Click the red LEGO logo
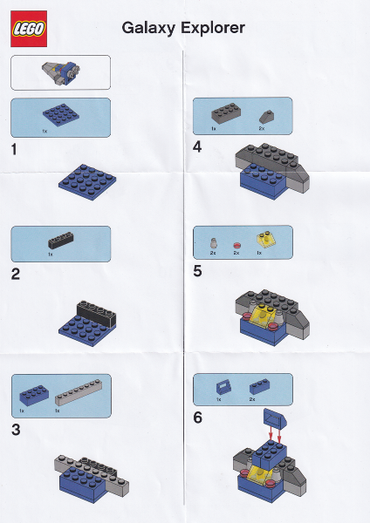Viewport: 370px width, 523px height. click(29, 29)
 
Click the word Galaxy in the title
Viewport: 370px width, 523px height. click(148, 28)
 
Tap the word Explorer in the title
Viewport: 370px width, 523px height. click(213, 28)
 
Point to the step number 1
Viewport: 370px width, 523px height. click(14, 149)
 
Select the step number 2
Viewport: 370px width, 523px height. click(16, 275)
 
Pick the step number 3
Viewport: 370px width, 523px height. click(16, 430)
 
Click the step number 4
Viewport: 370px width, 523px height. click(197, 146)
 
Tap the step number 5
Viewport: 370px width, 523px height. click(197, 271)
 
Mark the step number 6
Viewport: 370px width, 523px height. click(198, 418)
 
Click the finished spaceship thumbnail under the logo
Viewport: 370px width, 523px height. click(61, 72)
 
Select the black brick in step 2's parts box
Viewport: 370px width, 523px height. click(60, 241)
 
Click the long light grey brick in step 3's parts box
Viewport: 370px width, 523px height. click(79, 392)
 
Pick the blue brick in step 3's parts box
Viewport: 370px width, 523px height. click(34, 395)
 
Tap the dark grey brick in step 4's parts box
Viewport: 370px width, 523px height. click(226, 113)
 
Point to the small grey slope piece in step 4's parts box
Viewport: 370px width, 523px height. click(266, 117)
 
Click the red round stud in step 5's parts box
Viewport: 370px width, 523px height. click(236, 246)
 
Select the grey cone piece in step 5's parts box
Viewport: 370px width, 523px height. click(214, 243)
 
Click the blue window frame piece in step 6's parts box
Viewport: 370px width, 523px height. click(223, 387)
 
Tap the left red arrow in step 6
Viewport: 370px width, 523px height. click(271, 433)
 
